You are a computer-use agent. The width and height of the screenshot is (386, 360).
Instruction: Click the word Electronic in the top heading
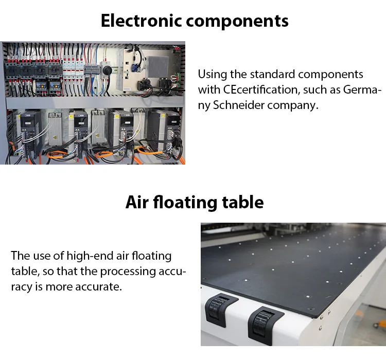141,21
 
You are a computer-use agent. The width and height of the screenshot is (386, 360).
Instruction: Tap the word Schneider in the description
243,105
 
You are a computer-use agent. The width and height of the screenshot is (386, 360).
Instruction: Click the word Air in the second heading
137,202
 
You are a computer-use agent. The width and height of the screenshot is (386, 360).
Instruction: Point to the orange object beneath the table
381,325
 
